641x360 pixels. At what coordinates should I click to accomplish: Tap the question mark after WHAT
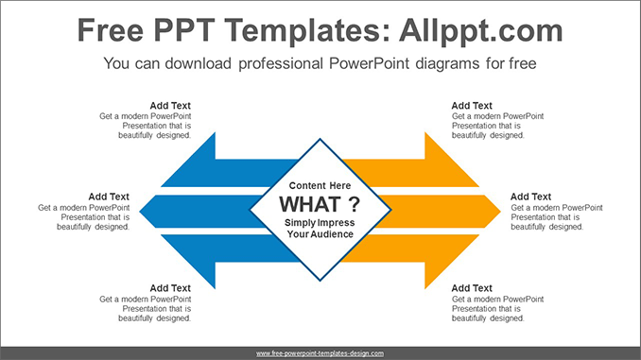[x=353, y=204]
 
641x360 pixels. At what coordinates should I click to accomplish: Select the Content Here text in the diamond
[x=320, y=185]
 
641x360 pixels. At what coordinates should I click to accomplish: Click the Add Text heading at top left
[x=170, y=106]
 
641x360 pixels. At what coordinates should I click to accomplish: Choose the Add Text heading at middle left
[x=109, y=197]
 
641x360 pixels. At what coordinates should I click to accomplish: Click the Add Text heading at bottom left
[x=170, y=288]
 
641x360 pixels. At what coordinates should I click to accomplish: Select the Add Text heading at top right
[x=472, y=106]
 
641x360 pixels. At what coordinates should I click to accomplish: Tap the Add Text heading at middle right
[x=531, y=197]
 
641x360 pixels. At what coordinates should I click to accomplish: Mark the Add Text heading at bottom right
[x=472, y=288]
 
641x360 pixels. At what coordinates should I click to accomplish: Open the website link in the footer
[x=320, y=352]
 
